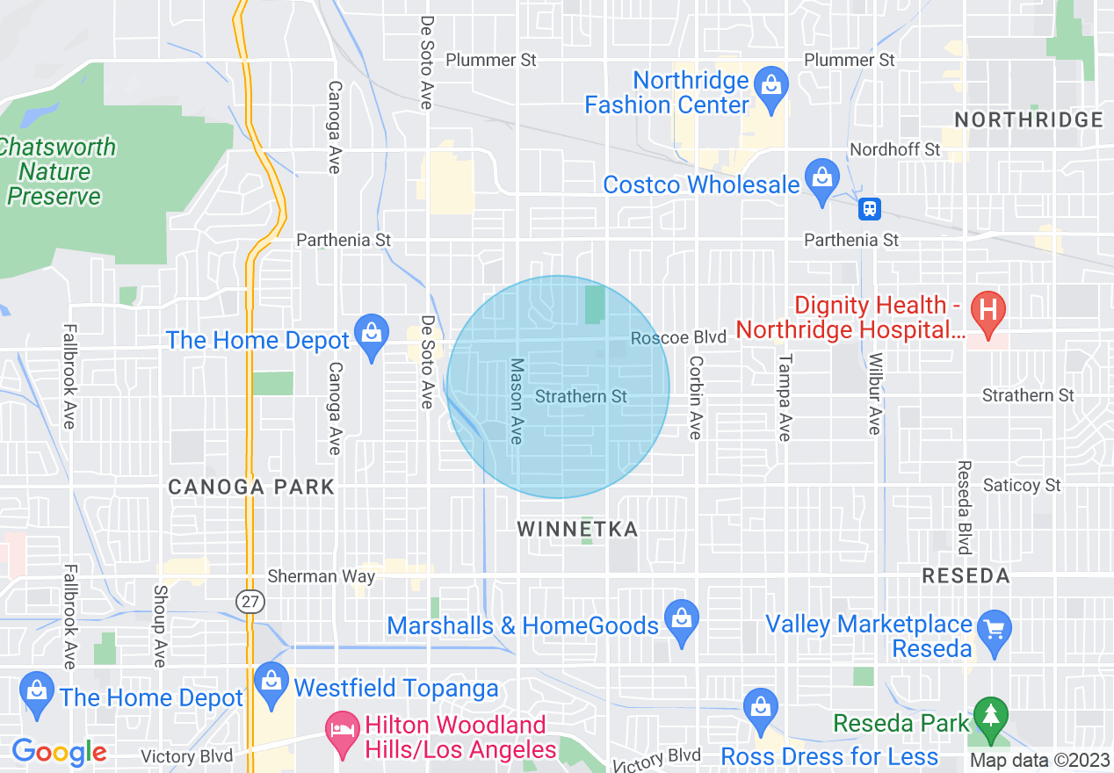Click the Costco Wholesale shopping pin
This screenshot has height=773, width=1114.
pyautogui.click(x=821, y=179)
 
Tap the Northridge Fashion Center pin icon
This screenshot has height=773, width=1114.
pyautogui.click(x=771, y=87)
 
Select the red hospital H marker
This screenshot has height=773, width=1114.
pyautogui.click(x=987, y=312)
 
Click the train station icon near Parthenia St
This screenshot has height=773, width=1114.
pyautogui.click(x=870, y=209)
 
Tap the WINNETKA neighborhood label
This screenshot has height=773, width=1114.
pyautogui.click(x=577, y=529)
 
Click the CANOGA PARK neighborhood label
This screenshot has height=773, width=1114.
pyautogui.click(x=251, y=487)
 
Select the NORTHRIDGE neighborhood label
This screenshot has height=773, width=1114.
pyautogui.click(x=1028, y=119)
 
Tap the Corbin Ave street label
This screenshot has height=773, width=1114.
pyautogui.click(x=696, y=397)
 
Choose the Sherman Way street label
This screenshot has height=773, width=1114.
pyautogui.click(x=321, y=576)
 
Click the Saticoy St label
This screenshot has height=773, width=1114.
pyautogui.click(x=1022, y=485)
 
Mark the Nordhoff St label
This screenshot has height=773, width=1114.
pyautogui.click(x=895, y=149)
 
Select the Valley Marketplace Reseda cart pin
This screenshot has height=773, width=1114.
pyautogui.click(x=995, y=632)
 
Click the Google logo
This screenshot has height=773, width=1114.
pyautogui.click(x=59, y=752)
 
